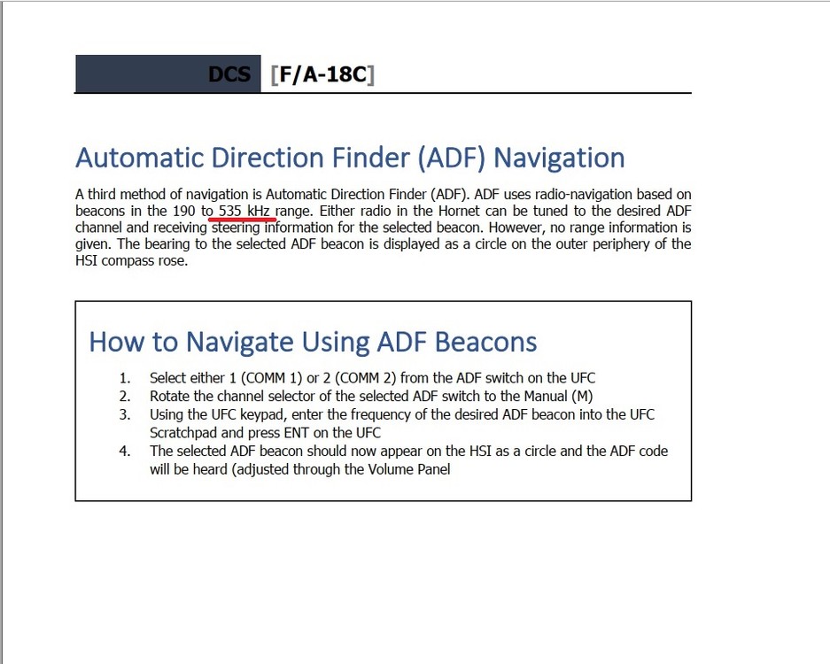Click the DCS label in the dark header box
[229, 74]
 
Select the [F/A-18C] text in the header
[322, 74]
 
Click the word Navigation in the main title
[559, 158]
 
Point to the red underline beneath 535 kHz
[243, 217]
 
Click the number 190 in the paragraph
[182, 211]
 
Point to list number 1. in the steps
[125, 378]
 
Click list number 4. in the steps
[125, 451]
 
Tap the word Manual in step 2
[544, 396]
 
